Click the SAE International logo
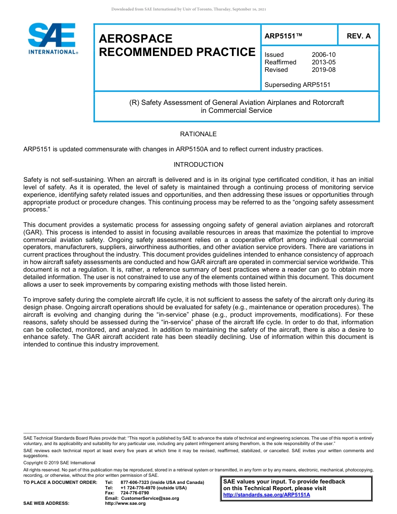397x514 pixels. [x=52, y=38]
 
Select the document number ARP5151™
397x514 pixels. [x=283, y=36]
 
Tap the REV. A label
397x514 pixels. [x=359, y=36]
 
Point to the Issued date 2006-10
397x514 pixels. [x=323, y=55]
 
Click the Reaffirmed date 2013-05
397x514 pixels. [x=323, y=62]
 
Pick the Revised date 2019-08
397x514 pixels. [x=323, y=70]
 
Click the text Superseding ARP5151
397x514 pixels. [x=297, y=85]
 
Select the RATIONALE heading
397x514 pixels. [x=198, y=134]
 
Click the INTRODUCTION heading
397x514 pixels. [x=198, y=165]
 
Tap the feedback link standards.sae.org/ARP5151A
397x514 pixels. [x=267, y=495]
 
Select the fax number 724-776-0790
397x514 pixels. [x=135, y=493]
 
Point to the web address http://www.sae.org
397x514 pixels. [x=125, y=504]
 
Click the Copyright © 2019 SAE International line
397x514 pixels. [x=59, y=463]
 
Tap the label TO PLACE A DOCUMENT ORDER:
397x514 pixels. [x=60, y=482]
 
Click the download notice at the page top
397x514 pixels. [x=188, y=9]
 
